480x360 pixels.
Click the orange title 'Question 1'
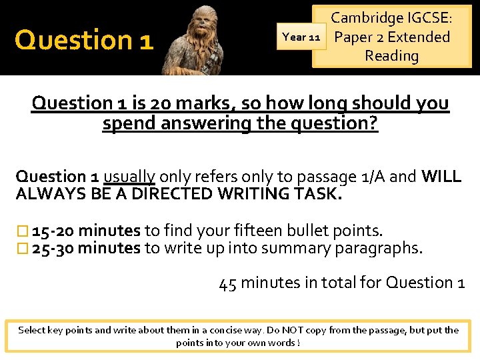[84, 40]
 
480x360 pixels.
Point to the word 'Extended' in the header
[419, 37]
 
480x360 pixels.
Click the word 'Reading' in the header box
[392, 56]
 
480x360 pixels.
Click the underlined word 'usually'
[129, 177]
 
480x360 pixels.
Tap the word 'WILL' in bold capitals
[441, 177]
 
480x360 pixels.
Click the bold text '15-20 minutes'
[86, 231]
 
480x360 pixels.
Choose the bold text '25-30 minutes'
[86, 249]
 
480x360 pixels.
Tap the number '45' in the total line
[228, 283]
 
